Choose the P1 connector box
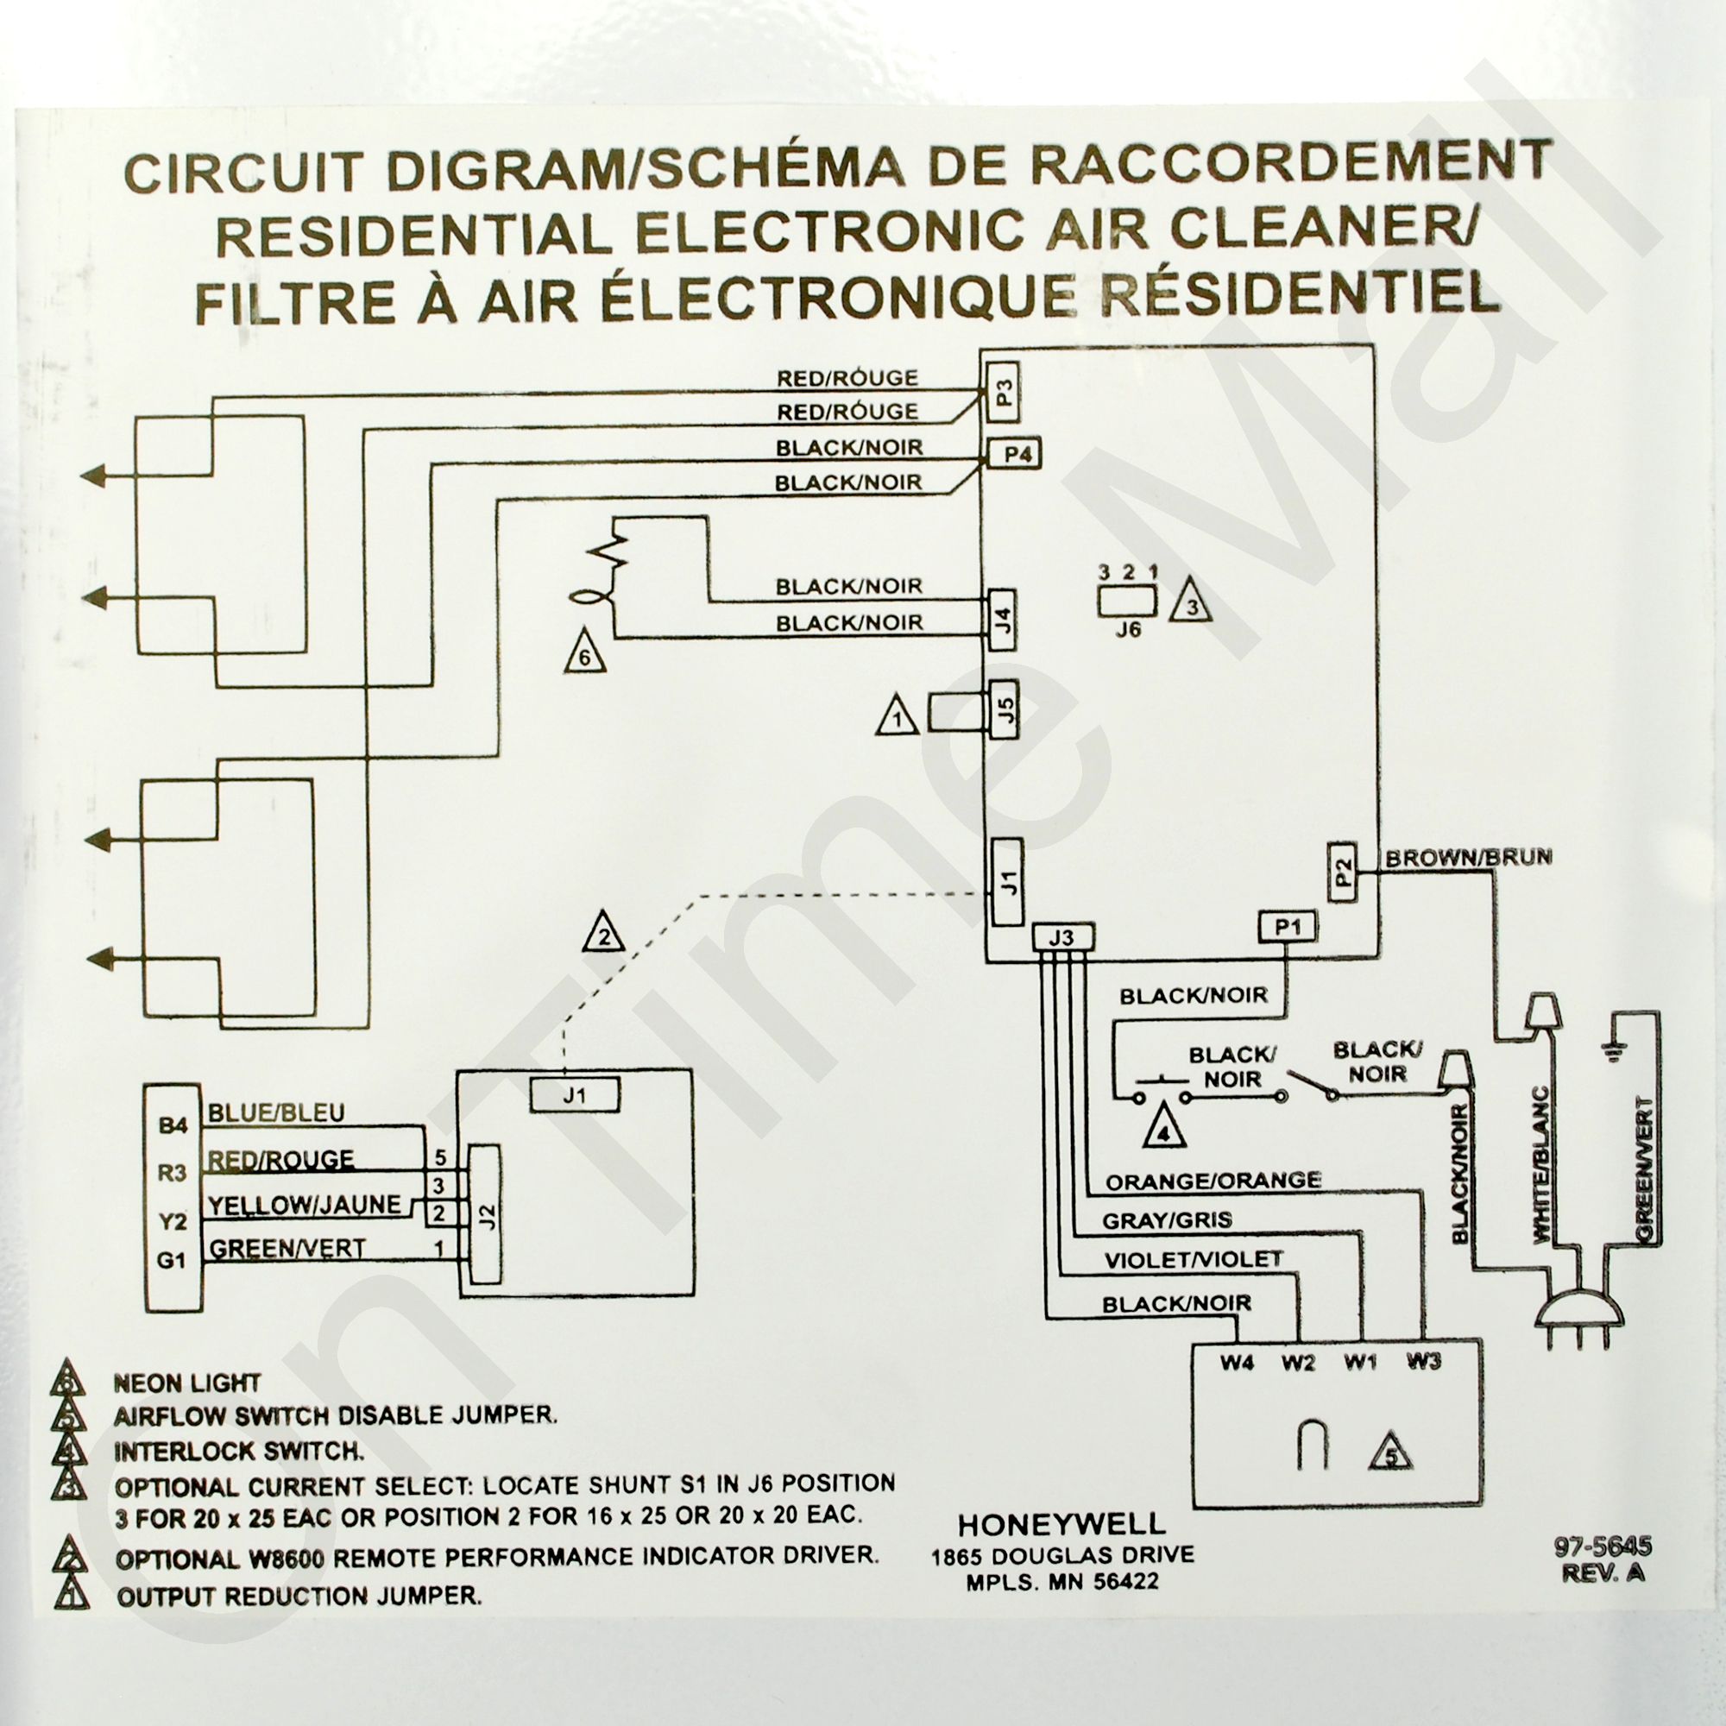coord(1288,929)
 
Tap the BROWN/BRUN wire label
coord(1469,858)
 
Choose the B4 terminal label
coord(173,1126)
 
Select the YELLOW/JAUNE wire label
coord(305,1205)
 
